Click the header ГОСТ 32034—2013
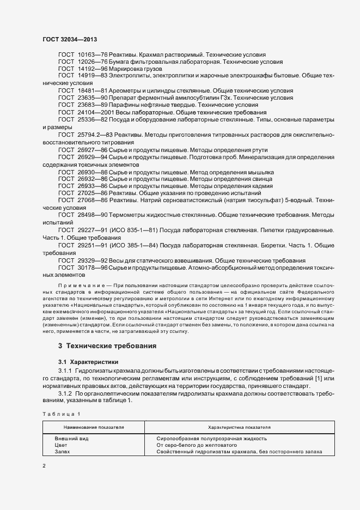70,39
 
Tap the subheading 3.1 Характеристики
89,362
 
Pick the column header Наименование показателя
94,428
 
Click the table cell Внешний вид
71,439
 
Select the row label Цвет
61,445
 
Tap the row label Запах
63,452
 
